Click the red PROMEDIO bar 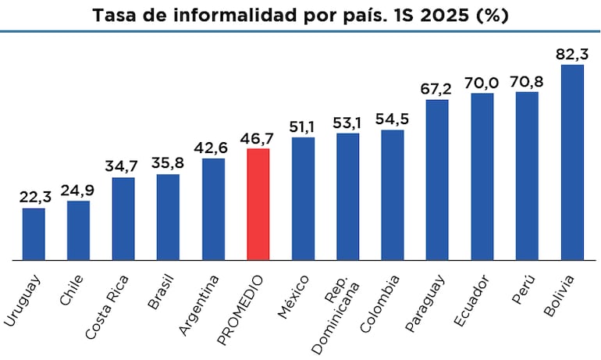tap(258, 204)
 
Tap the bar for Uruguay tap(34, 233)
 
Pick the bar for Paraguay tap(437, 180)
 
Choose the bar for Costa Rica tap(123, 219)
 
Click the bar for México tap(303, 198)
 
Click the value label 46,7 tap(258, 138)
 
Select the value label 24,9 tap(78, 191)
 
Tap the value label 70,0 tap(482, 83)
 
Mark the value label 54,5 tap(393, 119)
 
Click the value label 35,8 tap(168, 164)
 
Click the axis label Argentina tap(198, 305)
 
